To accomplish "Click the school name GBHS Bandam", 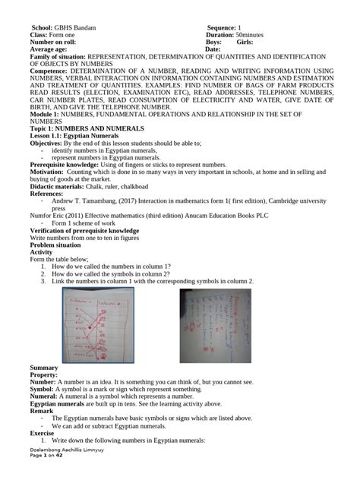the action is (x=75, y=27).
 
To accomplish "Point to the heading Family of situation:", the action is (x=58, y=57).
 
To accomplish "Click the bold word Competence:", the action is (x=49, y=71).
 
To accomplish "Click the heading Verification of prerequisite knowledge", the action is (x=84, y=229).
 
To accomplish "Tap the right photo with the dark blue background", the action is (x=215, y=325).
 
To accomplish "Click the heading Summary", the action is (x=44, y=368).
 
